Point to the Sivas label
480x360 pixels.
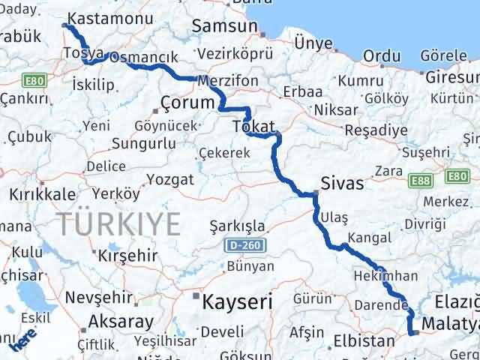pos(341,183)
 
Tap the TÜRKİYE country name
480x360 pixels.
pos(118,223)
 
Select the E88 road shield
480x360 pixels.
pos(421,180)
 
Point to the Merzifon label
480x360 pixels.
pos(229,80)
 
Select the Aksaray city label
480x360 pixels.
pos(121,322)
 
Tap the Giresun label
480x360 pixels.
pos(448,76)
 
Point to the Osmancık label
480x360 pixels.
pos(144,58)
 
